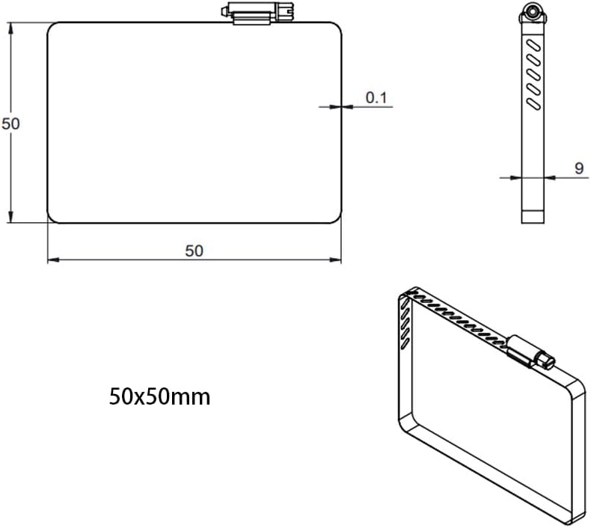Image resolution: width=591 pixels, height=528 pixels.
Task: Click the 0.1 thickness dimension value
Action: (376, 97)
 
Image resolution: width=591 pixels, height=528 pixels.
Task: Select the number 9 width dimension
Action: (578, 168)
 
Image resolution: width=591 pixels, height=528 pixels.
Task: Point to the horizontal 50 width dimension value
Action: (194, 251)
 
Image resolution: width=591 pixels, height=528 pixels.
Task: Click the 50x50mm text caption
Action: (160, 396)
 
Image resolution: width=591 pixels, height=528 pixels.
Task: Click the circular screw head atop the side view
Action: (532, 11)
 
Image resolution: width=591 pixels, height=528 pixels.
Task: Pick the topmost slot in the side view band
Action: (533, 46)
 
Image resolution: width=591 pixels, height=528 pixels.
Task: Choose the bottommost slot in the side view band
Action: (533, 99)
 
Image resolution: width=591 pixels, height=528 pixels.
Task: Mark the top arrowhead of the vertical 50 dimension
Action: (10, 28)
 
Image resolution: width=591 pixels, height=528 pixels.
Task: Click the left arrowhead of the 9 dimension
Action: (516, 177)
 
